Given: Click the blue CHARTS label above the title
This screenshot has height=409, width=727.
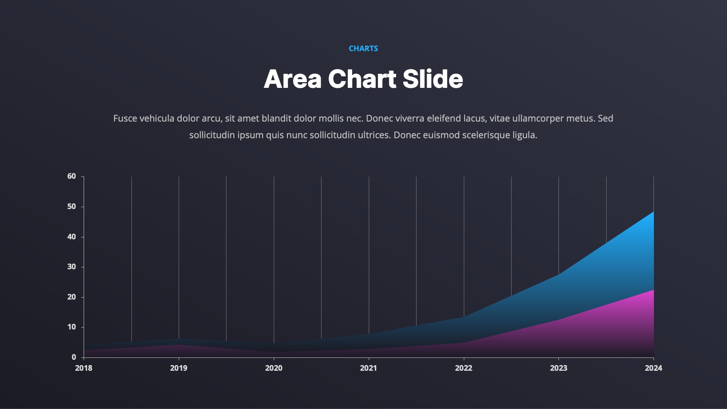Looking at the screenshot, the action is click(x=363, y=48).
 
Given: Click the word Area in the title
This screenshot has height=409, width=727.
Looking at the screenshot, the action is click(x=293, y=79).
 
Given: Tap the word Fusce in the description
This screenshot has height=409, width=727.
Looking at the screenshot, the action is click(x=125, y=119).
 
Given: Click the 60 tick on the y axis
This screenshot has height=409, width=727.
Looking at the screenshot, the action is click(x=72, y=176).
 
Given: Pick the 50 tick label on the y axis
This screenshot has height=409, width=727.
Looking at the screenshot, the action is click(x=72, y=206).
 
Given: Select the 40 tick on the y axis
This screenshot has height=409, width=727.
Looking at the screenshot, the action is click(x=72, y=237).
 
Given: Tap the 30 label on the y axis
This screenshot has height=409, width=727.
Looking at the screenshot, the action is click(x=72, y=267).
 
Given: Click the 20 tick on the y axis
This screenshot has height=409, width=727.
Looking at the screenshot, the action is click(x=72, y=297).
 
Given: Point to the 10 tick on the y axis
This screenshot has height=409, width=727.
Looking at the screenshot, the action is click(x=72, y=327).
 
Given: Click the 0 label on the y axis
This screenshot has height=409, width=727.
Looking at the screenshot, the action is click(x=74, y=357).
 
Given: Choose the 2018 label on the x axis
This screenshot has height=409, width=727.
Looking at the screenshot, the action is click(x=84, y=368).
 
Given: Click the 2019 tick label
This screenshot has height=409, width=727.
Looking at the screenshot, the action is click(x=179, y=368).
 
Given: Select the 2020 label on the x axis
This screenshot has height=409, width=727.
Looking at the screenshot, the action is click(x=274, y=368).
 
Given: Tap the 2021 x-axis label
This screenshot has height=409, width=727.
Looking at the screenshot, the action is click(x=368, y=368).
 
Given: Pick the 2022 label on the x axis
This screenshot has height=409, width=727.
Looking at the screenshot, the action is click(x=463, y=368).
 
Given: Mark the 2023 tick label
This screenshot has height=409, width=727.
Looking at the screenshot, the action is click(x=559, y=368).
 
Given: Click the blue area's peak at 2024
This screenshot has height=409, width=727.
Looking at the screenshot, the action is click(x=653, y=212).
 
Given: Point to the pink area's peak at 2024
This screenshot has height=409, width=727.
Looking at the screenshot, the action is click(x=653, y=290).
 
